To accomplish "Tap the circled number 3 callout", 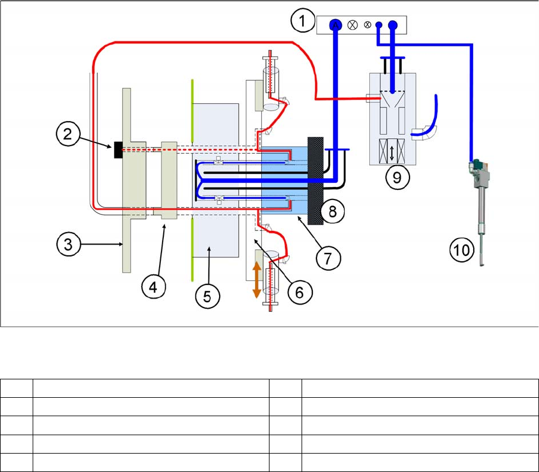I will [x=69, y=244].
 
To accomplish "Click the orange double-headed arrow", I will [x=256, y=280].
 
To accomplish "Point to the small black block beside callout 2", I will [x=118, y=151].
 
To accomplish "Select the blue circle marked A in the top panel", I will [x=335, y=25].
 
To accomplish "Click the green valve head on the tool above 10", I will [x=476, y=163].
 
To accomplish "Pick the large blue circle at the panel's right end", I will [x=392, y=26].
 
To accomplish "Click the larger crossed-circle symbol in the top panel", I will [x=353, y=25].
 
